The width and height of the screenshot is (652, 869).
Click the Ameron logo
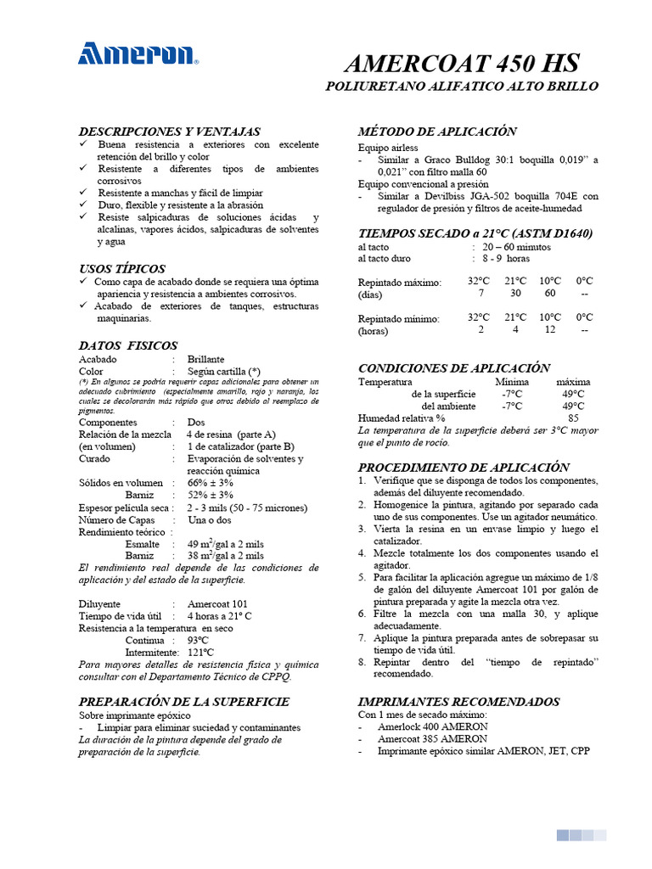click(138, 54)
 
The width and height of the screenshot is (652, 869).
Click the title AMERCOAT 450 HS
click(463, 64)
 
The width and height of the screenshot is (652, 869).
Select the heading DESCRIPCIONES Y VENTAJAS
click(169, 132)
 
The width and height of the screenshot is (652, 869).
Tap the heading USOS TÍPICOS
click(122, 268)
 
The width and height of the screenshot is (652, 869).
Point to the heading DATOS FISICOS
click(128, 345)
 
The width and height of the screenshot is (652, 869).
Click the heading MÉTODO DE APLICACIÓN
click(437, 131)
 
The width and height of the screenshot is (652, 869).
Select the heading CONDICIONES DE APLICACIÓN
click(454, 367)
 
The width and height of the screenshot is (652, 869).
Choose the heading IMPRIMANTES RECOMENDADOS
click(458, 702)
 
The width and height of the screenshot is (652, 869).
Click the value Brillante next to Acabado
click(206, 359)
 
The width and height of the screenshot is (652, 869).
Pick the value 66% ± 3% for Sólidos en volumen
click(211, 483)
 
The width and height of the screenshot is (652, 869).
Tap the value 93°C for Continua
click(199, 640)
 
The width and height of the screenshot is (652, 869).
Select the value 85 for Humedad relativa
click(574, 418)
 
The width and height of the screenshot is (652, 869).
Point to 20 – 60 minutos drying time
click(516, 247)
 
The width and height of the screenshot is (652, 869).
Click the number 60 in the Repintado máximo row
click(550, 293)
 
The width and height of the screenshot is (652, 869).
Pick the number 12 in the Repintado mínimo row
click(550, 329)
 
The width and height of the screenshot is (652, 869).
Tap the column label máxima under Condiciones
click(573, 382)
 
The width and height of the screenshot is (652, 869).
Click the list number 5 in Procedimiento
click(362, 576)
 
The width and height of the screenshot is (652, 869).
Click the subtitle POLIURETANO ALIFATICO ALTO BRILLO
click(463, 87)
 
